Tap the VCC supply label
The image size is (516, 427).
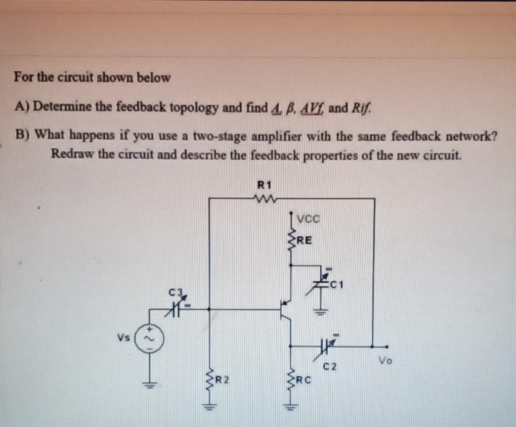pos(307,220)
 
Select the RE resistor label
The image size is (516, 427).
pos(305,239)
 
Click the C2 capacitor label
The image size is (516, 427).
pos(330,365)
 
